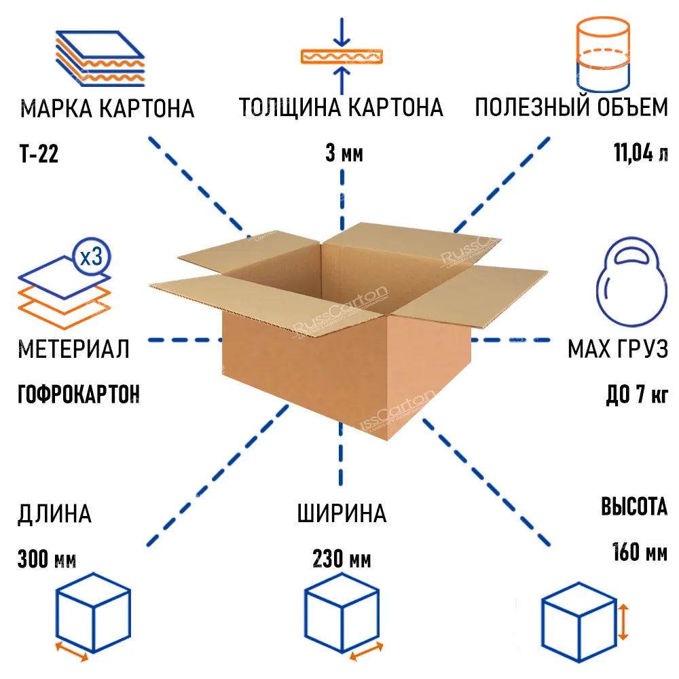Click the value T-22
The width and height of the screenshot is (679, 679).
pos(38,155)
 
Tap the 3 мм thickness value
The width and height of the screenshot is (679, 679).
pos(344,154)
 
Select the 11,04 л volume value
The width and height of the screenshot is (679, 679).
pos(640,154)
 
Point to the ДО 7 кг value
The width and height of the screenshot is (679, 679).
pos(636,394)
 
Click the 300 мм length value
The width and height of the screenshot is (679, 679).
pos(47,560)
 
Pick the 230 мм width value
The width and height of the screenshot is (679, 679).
pos(342,560)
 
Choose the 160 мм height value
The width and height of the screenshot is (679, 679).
pos(639,551)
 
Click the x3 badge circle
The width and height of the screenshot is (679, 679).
pos(90,257)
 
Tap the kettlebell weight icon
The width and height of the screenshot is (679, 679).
pos(627,278)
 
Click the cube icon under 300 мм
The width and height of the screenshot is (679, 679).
pos(92,611)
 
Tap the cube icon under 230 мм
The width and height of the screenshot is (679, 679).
pos(341,611)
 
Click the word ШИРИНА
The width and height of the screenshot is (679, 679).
pos(342,513)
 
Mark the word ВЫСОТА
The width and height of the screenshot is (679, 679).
pos(634,507)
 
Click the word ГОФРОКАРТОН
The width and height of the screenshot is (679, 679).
pos(78,394)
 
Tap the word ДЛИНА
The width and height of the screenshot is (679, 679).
pos(54,513)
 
